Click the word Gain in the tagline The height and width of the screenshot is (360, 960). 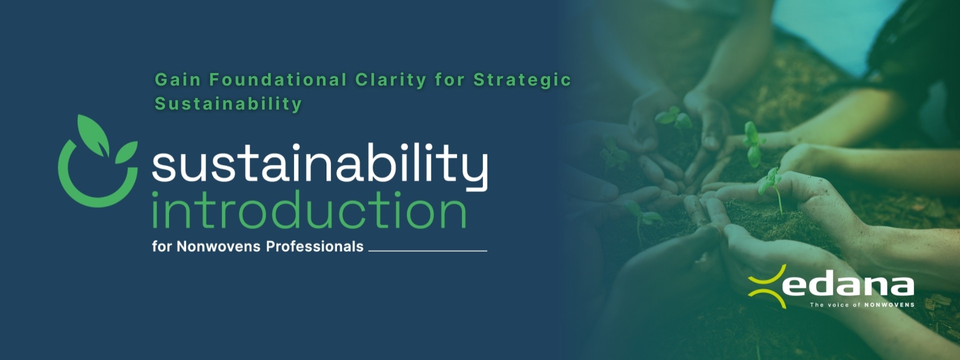click(177, 79)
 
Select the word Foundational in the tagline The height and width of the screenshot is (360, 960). click(278, 79)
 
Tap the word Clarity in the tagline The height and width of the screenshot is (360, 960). click(390, 80)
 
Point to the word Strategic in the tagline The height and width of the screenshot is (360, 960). click(522, 80)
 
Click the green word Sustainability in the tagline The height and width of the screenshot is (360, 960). click(228, 103)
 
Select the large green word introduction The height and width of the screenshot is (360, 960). click(309, 210)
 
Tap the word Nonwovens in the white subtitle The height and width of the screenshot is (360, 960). click(218, 246)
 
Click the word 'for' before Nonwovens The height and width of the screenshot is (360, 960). click(162, 246)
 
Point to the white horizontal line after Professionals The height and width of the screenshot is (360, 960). click(427, 250)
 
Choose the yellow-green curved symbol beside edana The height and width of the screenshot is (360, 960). click(766, 286)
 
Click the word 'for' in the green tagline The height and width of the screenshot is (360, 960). click(449, 80)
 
